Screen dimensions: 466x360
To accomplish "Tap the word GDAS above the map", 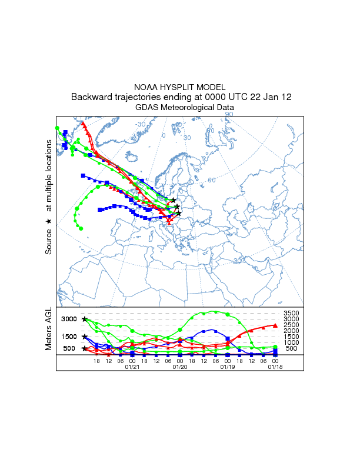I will pos(147,108).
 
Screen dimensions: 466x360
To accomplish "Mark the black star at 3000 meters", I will pos(85,319).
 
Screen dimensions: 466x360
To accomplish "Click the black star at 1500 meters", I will pos(85,337).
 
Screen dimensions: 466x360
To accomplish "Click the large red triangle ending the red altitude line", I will pos(275,325).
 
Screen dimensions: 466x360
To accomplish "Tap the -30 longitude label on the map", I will pos(141,124).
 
